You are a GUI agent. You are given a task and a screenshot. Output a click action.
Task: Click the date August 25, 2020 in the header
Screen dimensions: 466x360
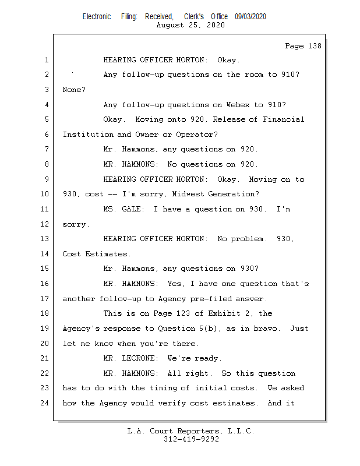[x=190, y=25]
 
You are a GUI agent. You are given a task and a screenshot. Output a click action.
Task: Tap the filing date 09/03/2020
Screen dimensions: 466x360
[x=250, y=17]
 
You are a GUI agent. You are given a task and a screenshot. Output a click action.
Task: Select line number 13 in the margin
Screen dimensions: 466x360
[x=46, y=239]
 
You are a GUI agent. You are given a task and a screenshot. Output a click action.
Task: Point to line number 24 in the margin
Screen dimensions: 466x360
[x=46, y=403]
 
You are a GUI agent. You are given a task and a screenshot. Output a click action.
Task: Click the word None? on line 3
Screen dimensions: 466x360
[x=74, y=90]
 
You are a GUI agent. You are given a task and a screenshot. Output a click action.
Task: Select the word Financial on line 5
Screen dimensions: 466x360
[x=283, y=119]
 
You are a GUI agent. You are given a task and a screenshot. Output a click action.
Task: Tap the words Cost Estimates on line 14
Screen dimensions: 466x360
[x=97, y=254]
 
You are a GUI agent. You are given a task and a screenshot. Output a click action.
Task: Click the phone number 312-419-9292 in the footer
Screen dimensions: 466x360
[x=191, y=439]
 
